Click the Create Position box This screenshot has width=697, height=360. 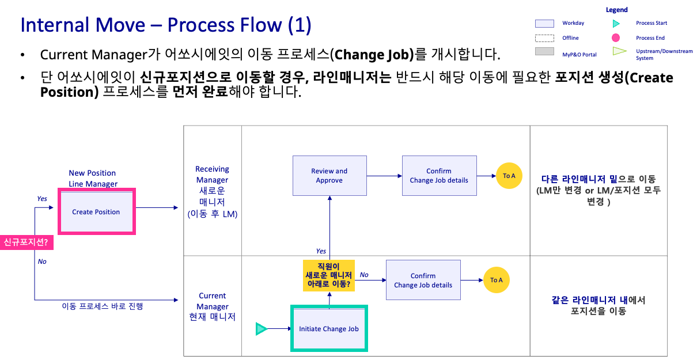click(x=96, y=212)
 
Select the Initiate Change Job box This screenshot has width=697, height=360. click(x=329, y=329)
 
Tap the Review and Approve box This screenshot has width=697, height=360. click(x=329, y=176)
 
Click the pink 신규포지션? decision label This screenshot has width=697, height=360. click(x=26, y=242)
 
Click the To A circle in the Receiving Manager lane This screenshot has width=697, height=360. click(x=509, y=176)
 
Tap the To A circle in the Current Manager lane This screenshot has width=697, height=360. click(x=497, y=280)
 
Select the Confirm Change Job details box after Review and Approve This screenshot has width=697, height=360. click(x=439, y=176)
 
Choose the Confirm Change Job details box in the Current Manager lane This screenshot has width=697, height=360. click(x=423, y=280)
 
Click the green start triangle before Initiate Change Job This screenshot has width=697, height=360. click(x=262, y=329)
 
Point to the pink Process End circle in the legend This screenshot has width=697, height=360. click(x=616, y=38)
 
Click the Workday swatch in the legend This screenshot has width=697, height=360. click(x=544, y=24)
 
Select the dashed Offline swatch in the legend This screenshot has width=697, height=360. click(x=544, y=38)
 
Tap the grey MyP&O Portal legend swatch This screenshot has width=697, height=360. click(x=544, y=52)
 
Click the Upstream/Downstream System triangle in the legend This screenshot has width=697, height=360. click(x=619, y=51)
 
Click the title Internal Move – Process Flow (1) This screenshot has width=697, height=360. click(x=166, y=25)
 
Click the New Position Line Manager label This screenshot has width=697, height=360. click(x=93, y=178)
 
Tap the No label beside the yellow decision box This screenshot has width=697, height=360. click(x=364, y=275)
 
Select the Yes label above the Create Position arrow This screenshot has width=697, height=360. click(x=42, y=199)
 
